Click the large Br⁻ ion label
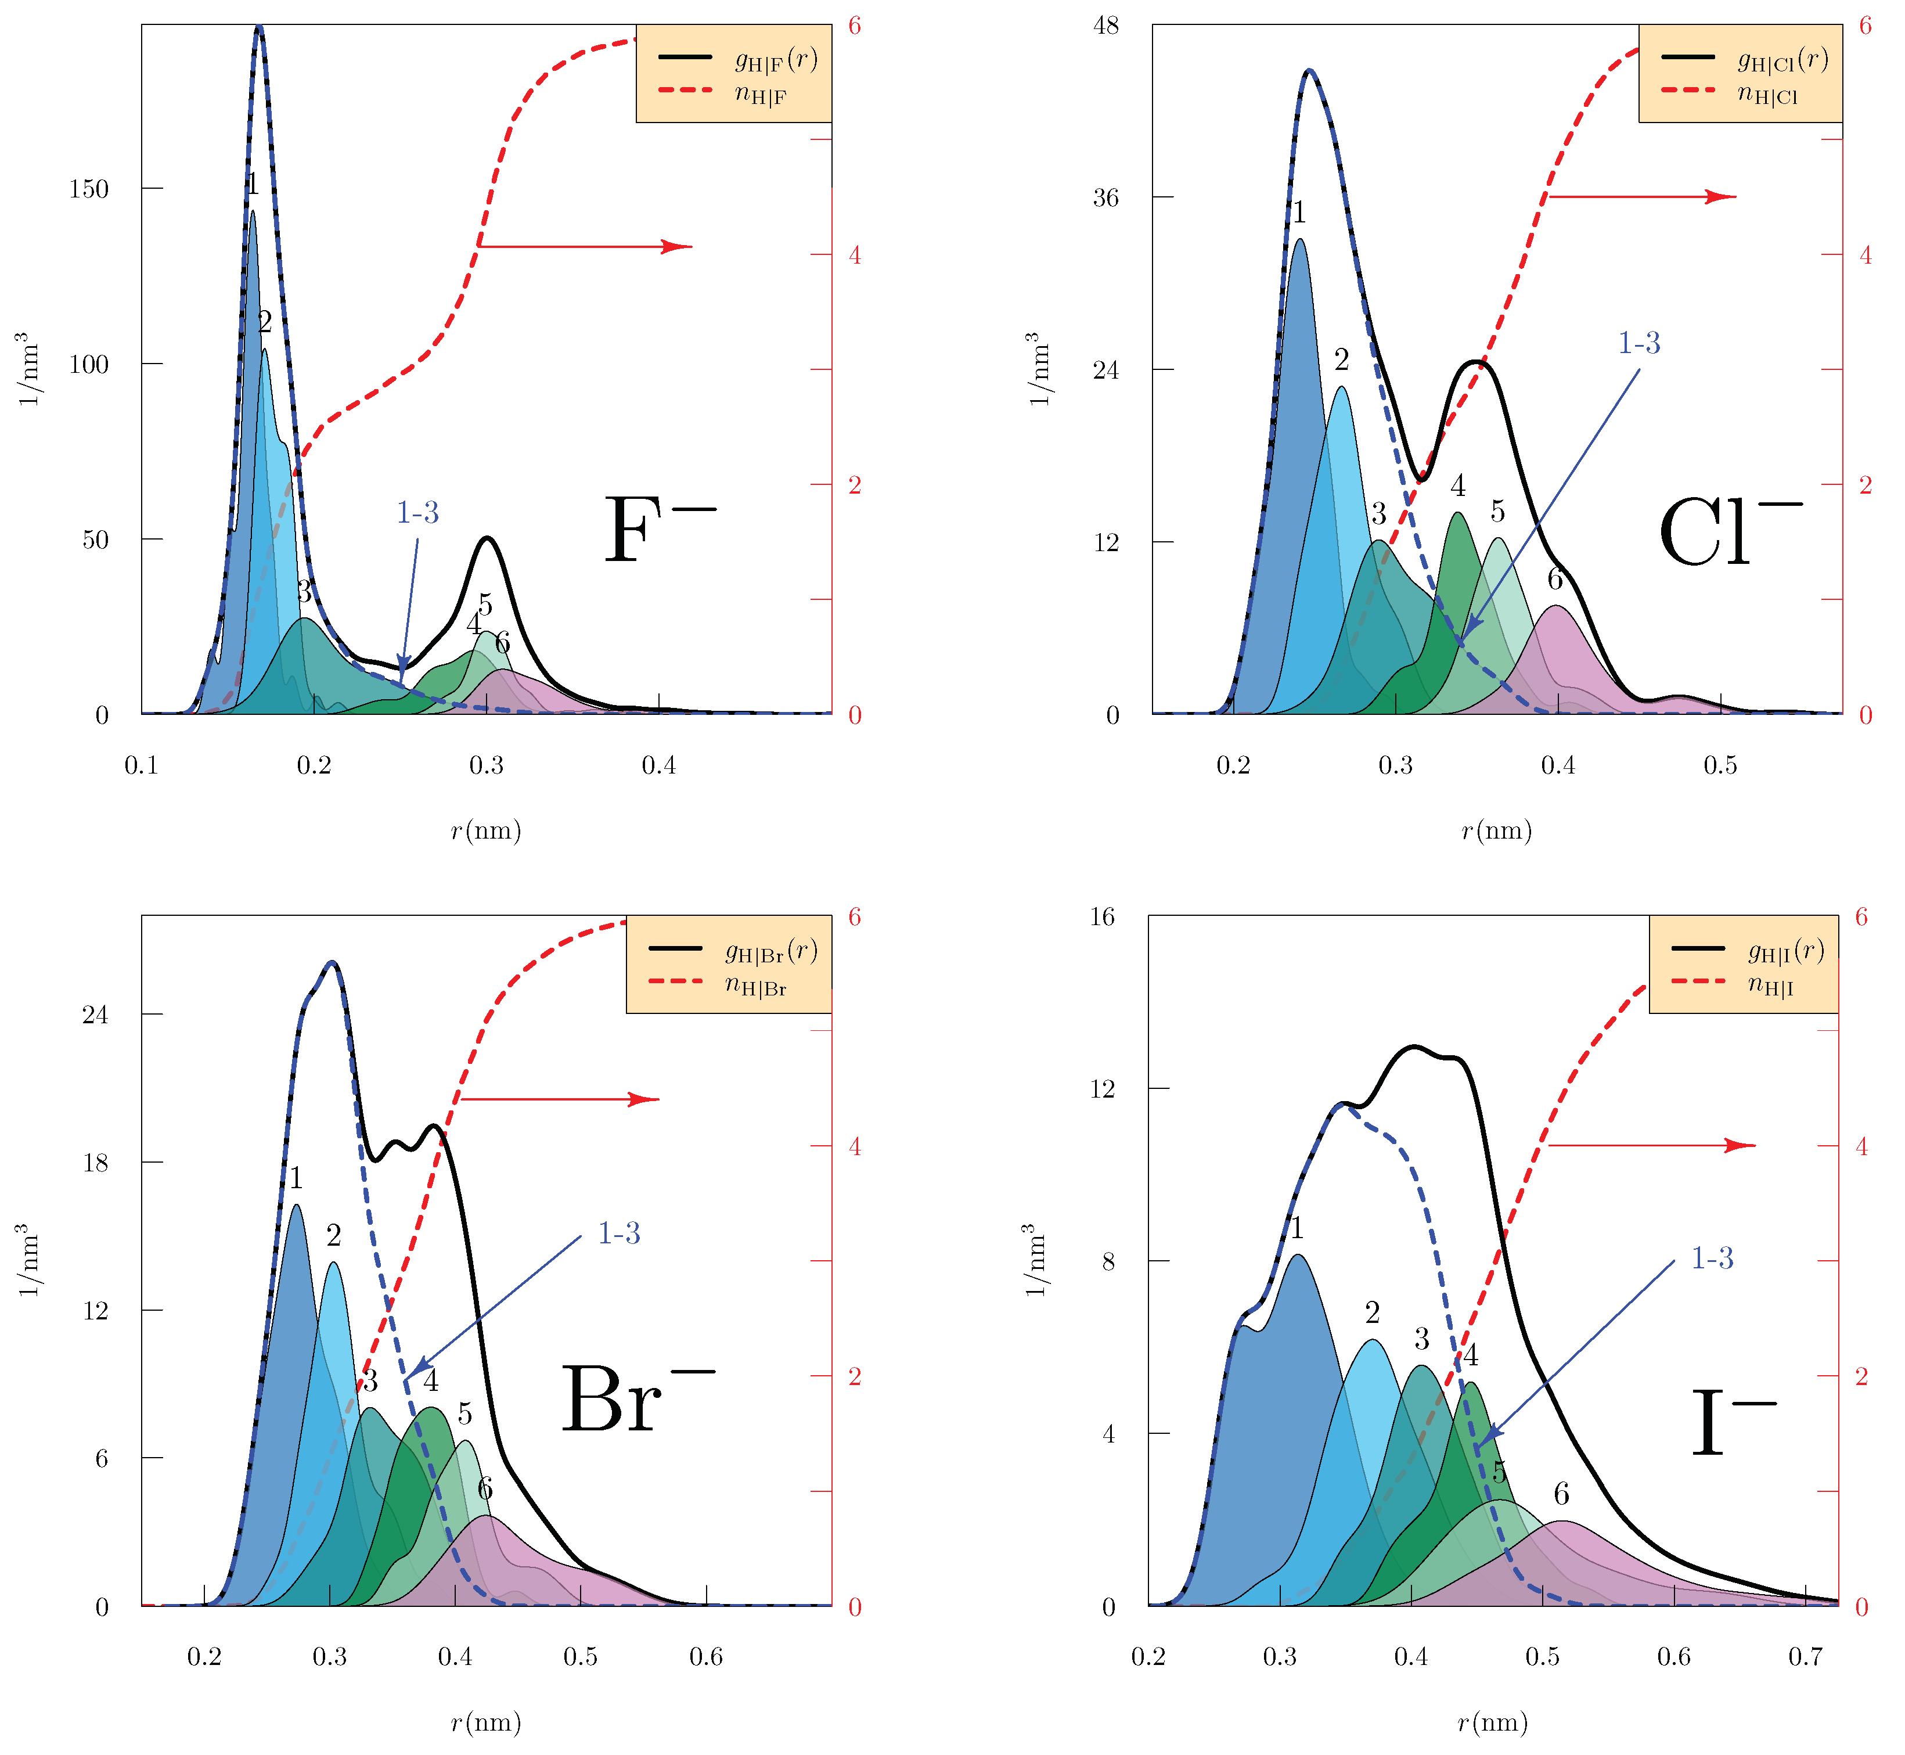635,1402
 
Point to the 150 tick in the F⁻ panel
89,189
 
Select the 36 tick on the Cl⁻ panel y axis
1105,197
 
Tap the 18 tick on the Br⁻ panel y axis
96,1163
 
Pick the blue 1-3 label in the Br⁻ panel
618,1233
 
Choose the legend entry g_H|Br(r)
770,951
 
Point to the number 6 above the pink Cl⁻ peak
1554,578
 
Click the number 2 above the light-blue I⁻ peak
1372,1312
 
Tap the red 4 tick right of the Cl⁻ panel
1865,256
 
